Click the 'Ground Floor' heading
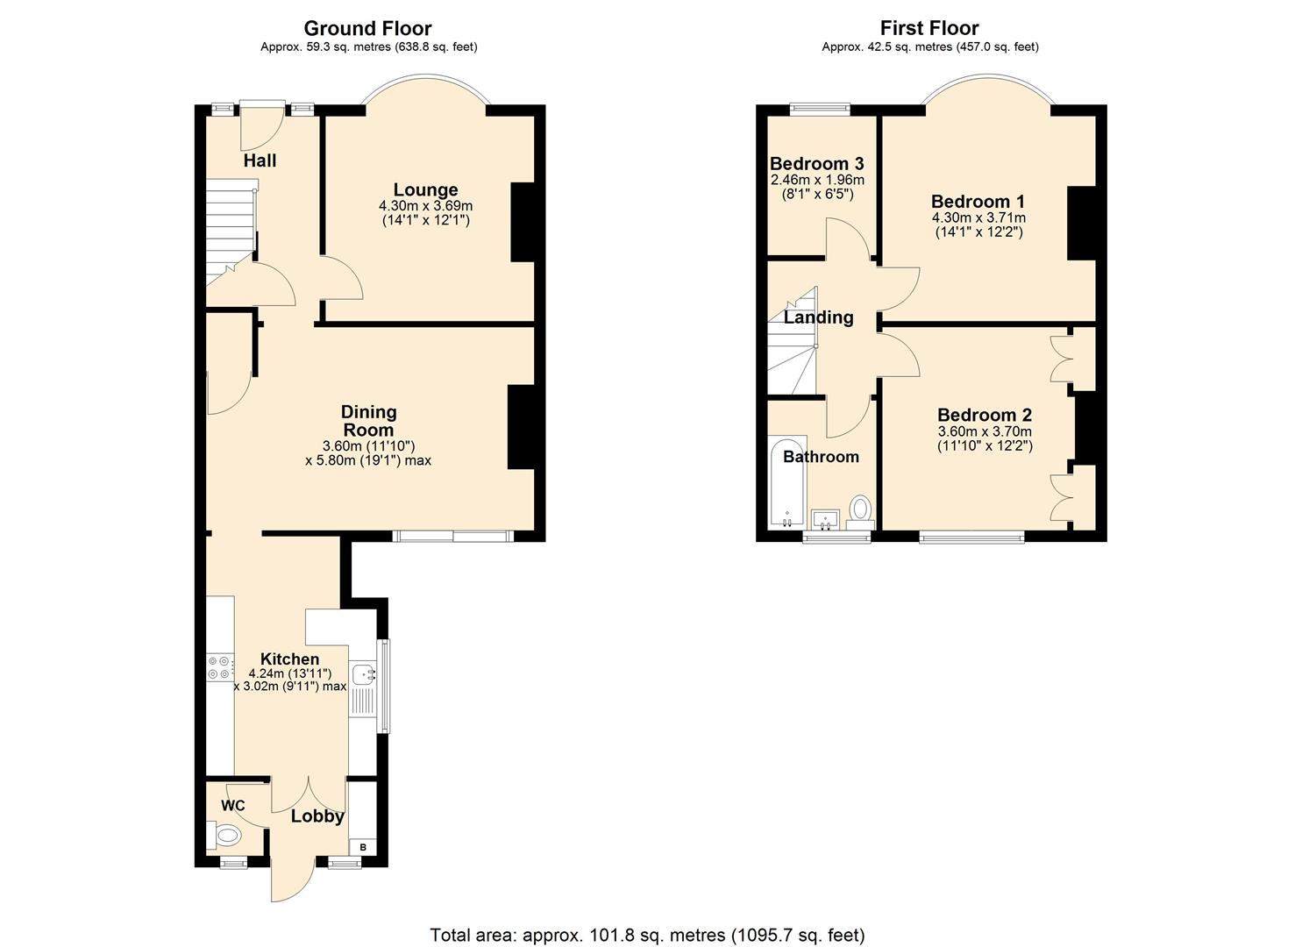click(x=368, y=28)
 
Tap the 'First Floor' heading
click(x=929, y=28)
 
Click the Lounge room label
click(x=425, y=189)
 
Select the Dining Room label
click(x=368, y=421)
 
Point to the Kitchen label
click(x=289, y=659)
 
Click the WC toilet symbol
click(x=226, y=835)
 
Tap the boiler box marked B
click(x=363, y=848)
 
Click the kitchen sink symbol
click(x=362, y=673)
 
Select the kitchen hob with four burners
click(x=219, y=667)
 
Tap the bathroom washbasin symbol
click(x=825, y=520)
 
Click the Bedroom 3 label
click(x=816, y=163)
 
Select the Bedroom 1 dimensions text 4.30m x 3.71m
click(x=978, y=217)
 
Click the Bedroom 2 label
click(x=984, y=415)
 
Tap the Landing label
click(x=818, y=317)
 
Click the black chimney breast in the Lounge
click(x=523, y=222)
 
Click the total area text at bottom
click(x=647, y=934)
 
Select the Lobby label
click(x=317, y=816)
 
